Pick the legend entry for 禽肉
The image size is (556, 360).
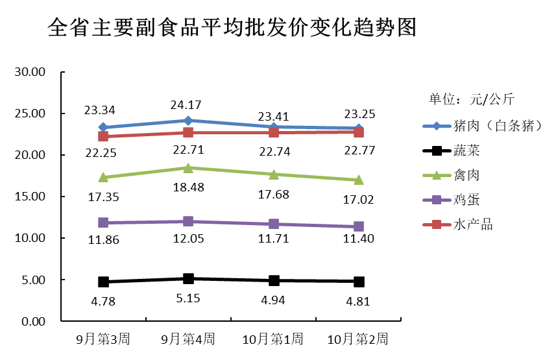[468, 175]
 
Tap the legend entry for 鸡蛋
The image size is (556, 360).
[468, 200]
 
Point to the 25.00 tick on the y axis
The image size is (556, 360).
[30, 114]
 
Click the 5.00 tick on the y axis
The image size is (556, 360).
[33, 280]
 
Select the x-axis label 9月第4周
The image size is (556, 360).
[188, 339]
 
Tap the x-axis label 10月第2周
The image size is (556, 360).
[358, 339]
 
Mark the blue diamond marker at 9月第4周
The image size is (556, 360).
[188, 121]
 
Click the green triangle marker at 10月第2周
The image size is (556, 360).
[358, 180]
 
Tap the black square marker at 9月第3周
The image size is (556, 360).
[103, 282]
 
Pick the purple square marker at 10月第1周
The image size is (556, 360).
[273, 224]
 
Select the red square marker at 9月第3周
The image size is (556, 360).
[103, 136]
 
